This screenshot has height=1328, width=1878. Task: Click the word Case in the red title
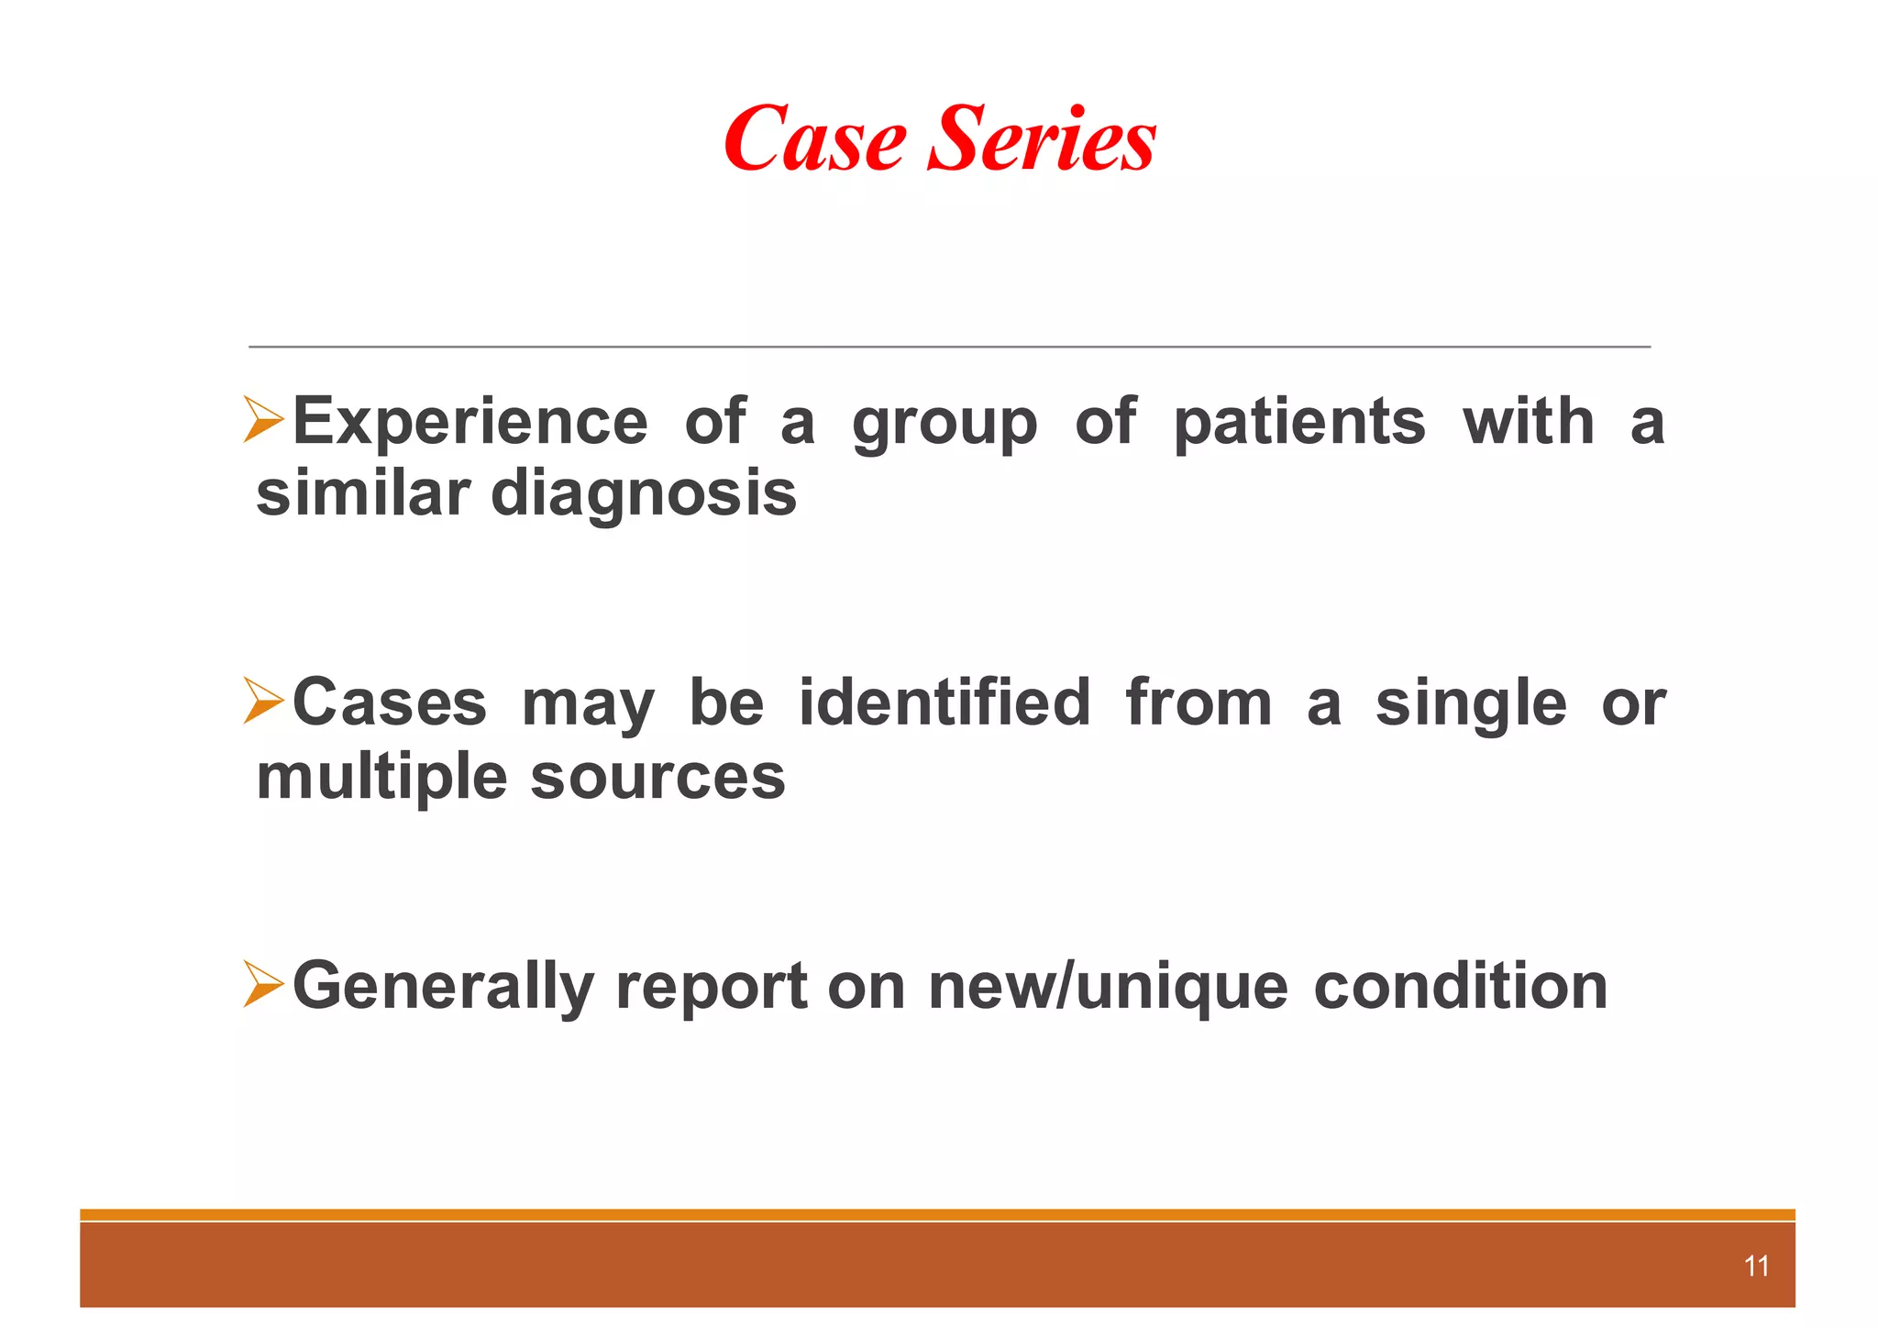pyautogui.click(x=815, y=139)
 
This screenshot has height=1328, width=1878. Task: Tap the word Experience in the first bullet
pyautogui.click(x=469, y=423)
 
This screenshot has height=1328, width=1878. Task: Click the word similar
pyautogui.click(x=362, y=493)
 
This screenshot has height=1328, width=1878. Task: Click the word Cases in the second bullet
pyautogui.click(x=389, y=703)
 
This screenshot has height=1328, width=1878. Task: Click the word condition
pyautogui.click(x=1460, y=987)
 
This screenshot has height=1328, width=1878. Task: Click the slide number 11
pyautogui.click(x=1755, y=1267)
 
